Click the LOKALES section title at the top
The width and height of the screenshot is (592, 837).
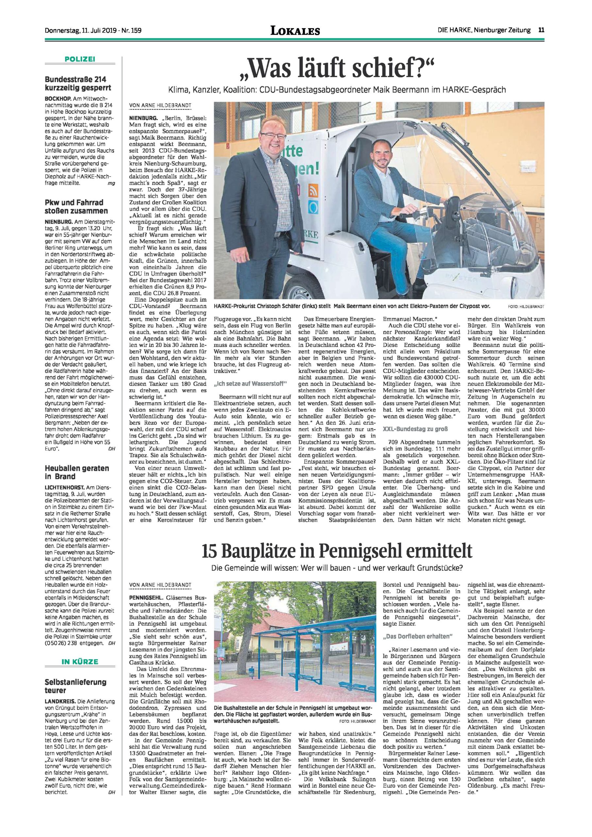(x=295, y=31)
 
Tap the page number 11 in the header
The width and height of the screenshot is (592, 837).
(x=542, y=31)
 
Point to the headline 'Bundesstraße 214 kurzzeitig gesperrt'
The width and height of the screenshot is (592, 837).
(x=78, y=83)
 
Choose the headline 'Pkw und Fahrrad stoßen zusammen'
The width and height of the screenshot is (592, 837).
(x=76, y=206)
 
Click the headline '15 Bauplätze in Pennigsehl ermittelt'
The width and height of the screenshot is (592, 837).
(x=337, y=558)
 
